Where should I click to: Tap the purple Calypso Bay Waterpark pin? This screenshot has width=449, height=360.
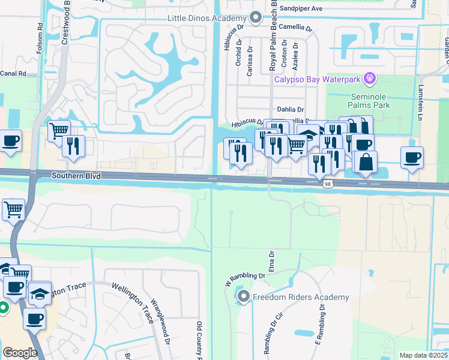[x=370, y=78]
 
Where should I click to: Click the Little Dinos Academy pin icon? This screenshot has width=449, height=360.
[x=256, y=18]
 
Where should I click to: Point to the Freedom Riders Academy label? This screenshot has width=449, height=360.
[x=301, y=297]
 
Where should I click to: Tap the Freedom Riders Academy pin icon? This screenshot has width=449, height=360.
[x=243, y=296]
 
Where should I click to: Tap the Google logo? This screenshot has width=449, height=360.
[x=20, y=352]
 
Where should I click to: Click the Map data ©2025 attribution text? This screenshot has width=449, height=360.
[x=423, y=355]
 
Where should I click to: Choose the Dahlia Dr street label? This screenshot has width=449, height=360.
[x=291, y=109]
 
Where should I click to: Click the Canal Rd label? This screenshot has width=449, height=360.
[x=13, y=74]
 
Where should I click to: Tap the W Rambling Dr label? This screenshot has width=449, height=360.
[x=244, y=277]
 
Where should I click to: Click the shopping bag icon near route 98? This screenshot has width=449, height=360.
[x=366, y=161]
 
